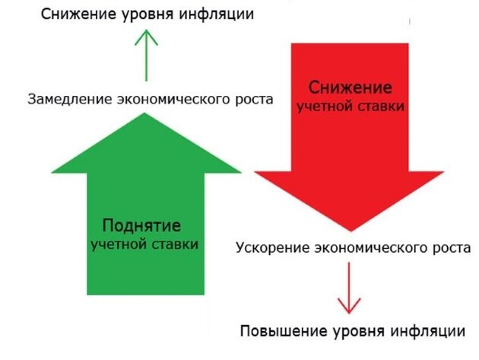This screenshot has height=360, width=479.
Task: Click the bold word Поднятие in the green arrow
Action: point(141,226)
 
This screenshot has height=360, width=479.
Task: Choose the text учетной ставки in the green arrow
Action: point(144,245)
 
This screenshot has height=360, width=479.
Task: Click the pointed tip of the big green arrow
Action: point(144,114)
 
